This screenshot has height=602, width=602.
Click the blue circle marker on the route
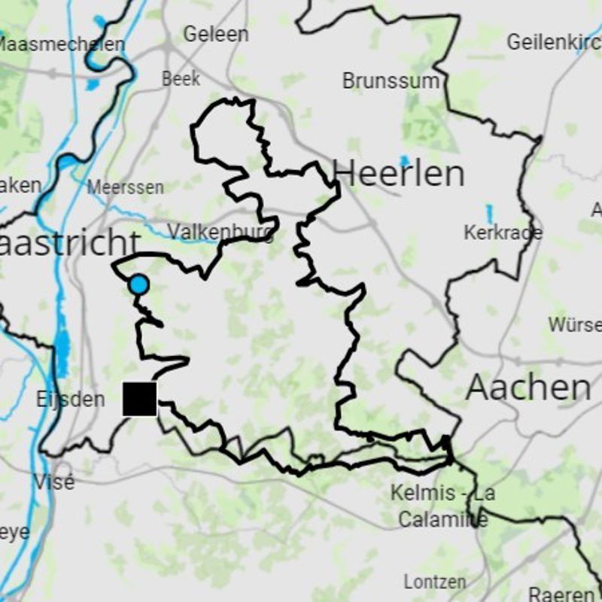tap(138, 285)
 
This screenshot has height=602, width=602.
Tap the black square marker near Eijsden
tap(140, 398)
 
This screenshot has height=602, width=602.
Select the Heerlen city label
tap(398, 174)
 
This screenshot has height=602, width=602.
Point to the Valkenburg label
tap(220, 231)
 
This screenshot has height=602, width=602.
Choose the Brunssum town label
tap(391, 81)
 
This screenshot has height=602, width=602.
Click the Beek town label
tap(181, 78)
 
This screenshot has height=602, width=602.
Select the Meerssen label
tap(125, 187)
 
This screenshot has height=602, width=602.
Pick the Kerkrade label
tap(503, 233)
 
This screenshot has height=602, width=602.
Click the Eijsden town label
tap(70, 399)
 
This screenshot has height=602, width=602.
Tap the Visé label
tap(54, 482)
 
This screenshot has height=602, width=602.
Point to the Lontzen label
tap(434, 582)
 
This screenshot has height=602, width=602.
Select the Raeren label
tap(561, 594)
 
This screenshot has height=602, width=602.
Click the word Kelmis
tap(424, 494)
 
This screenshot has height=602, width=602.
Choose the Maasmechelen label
tap(62, 44)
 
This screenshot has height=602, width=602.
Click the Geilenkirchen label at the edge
tap(553, 42)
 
